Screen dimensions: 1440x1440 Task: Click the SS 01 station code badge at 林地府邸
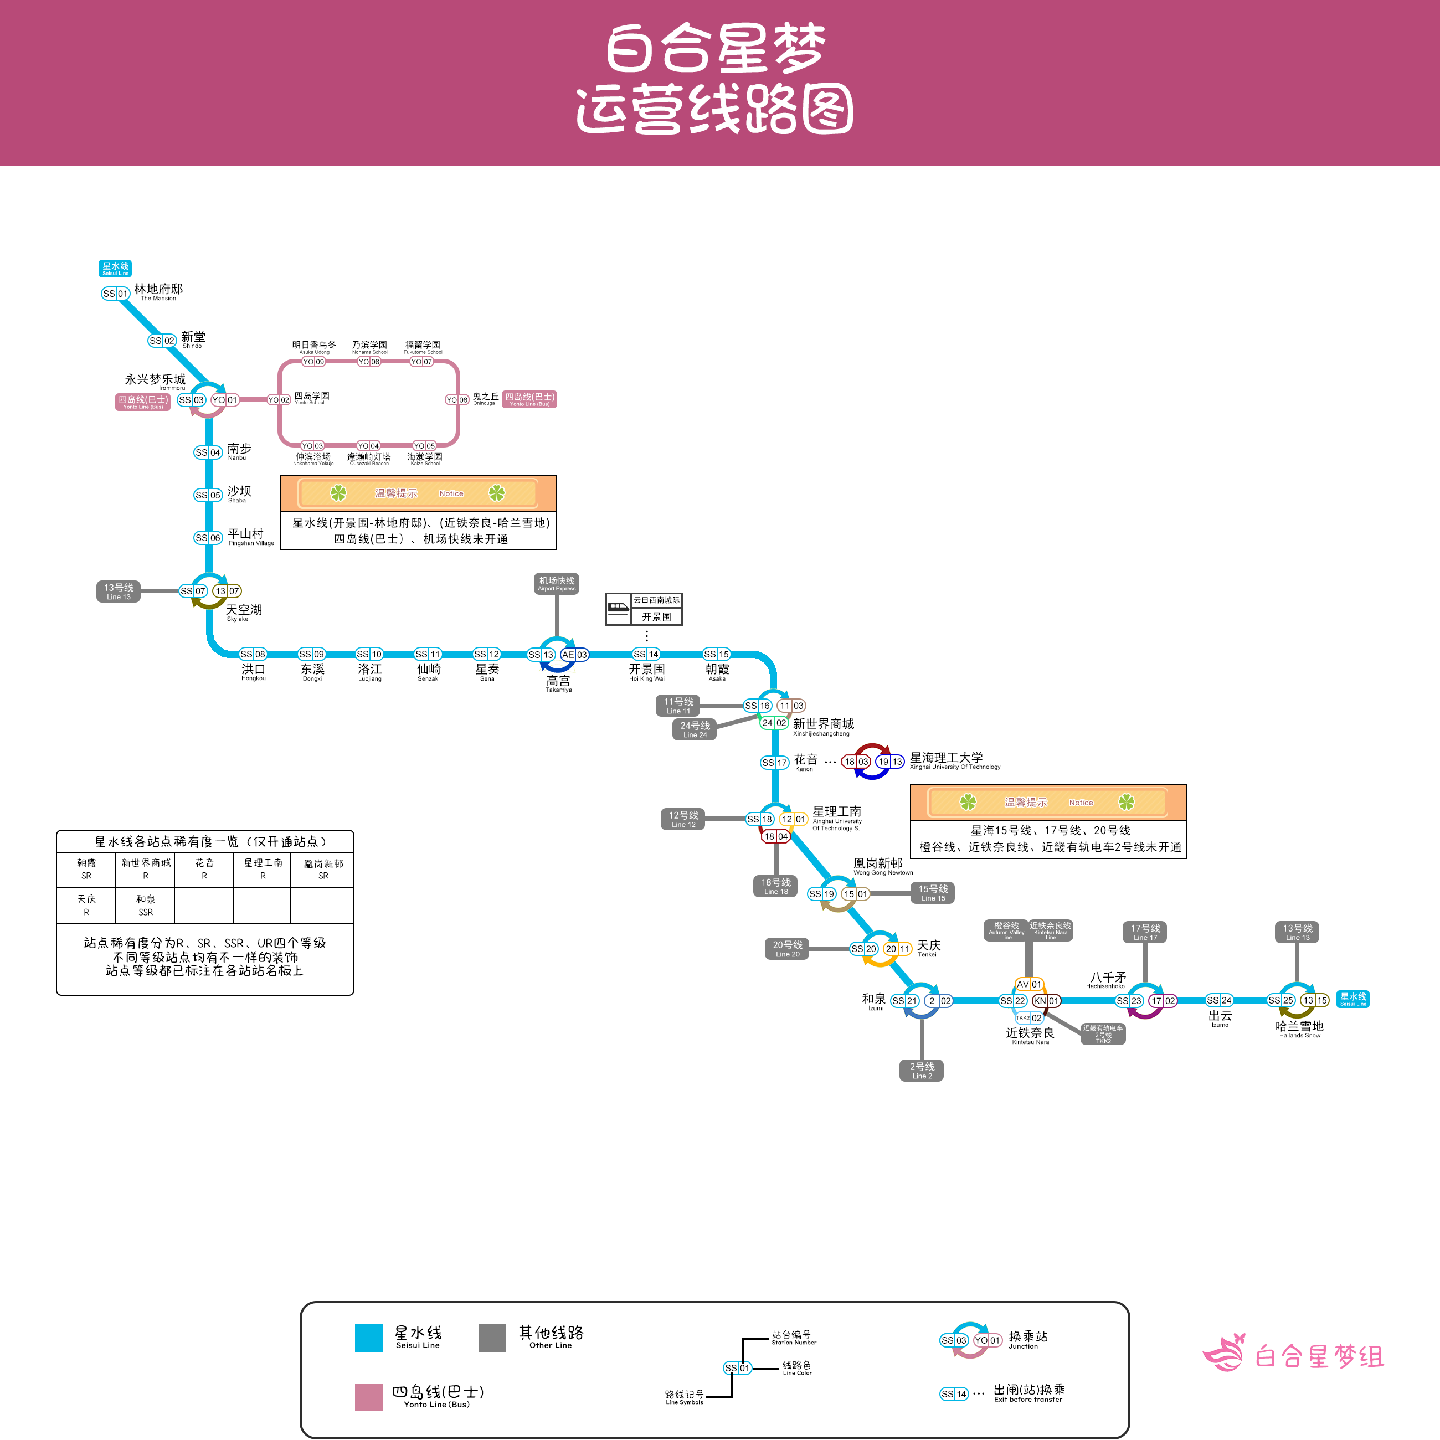(116, 294)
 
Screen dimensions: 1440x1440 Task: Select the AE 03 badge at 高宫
(574, 655)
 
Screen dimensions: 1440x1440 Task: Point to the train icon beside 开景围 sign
(618, 609)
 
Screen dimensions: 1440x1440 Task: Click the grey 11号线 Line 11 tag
(678, 705)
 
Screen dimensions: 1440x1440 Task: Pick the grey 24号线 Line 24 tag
(695, 729)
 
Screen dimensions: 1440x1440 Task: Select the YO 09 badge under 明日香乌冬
(313, 362)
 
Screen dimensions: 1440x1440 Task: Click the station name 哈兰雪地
(1299, 1026)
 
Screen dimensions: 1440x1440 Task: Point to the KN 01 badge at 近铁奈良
(1046, 1001)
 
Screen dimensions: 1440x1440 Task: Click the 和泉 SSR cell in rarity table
(145, 906)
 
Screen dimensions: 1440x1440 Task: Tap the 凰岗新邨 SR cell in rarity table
(323, 869)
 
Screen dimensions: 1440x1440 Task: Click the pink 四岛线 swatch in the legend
(368, 1397)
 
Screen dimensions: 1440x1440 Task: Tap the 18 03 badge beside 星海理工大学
(856, 762)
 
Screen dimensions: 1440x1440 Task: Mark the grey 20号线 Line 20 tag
(787, 949)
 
